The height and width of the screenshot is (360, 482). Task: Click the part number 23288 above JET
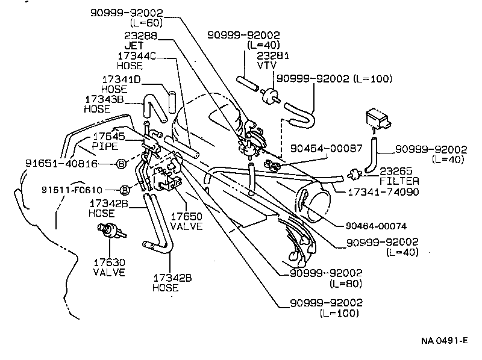click(141, 36)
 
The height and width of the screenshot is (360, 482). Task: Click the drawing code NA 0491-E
click(445, 340)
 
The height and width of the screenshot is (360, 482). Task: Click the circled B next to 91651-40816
click(120, 163)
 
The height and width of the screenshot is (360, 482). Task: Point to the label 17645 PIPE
click(107, 141)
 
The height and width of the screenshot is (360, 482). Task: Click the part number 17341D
click(121, 79)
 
